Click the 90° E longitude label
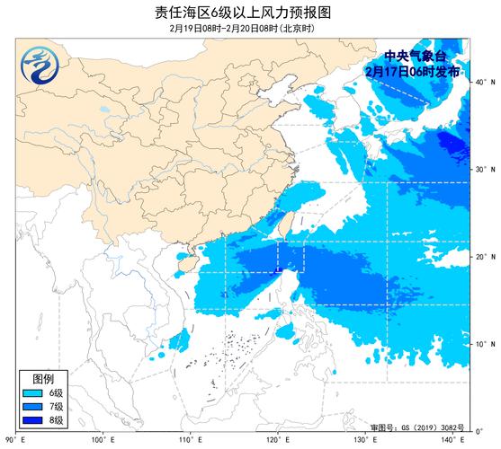pyautogui.click(x=13, y=439)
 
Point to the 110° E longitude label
pyautogui.click(x=189, y=439)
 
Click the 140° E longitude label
pyautogui.click(x=453, y=439)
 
